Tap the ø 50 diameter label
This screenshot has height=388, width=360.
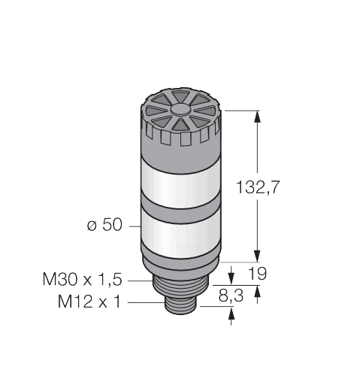pos(105,225)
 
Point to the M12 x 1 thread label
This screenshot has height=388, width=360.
pos(91,302)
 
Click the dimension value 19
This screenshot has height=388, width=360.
pos(257,274)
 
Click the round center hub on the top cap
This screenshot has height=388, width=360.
pos(181,109)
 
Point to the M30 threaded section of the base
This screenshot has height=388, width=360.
pos(180,285)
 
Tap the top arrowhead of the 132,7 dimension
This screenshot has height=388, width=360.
pos(259,117)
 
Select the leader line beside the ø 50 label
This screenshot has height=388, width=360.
pos(133,226)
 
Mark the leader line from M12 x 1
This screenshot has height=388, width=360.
pos(147,302)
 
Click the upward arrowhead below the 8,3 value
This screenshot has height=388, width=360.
pos(229,314)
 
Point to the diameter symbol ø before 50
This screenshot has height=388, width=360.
pos(92,226)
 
